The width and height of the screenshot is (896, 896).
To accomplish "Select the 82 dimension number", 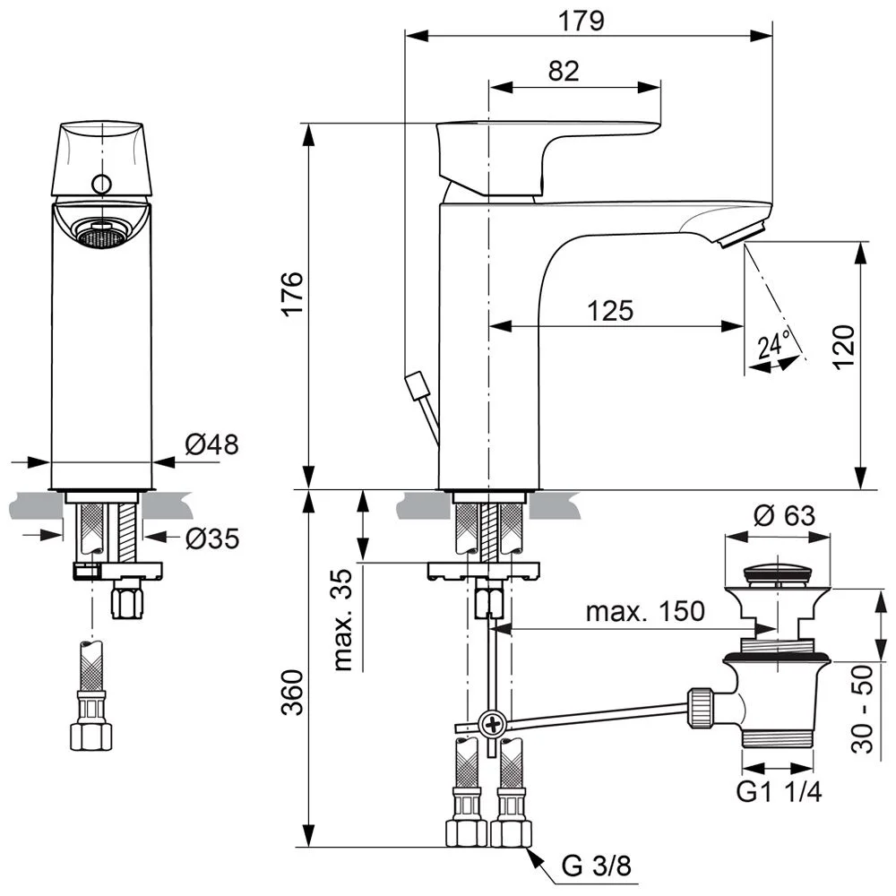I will tap(564, 71).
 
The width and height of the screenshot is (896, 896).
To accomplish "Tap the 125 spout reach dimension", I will tap(610, 310).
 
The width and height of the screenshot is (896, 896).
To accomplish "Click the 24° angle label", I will tap(774, 346).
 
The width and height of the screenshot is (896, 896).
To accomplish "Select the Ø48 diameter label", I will tap(211, 444).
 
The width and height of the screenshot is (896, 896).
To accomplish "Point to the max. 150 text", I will tap(645, 612).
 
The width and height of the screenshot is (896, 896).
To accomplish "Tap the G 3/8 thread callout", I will tap(595, 866).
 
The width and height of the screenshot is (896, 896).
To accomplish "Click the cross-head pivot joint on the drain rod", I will tap(492, 723).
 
